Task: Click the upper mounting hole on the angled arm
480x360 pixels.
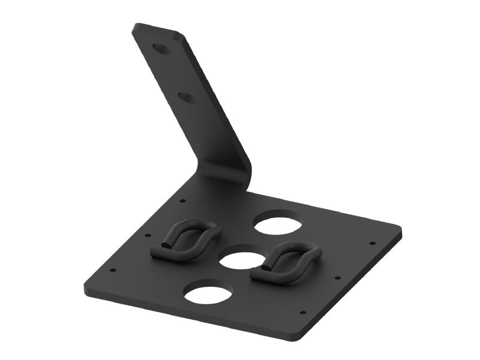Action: [160, 49]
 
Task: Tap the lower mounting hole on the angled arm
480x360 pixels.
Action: [187, 96]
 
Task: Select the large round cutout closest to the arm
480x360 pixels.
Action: [276, 223]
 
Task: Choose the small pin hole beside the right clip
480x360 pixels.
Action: [338, 278]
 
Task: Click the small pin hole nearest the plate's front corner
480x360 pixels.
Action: [302, 313]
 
